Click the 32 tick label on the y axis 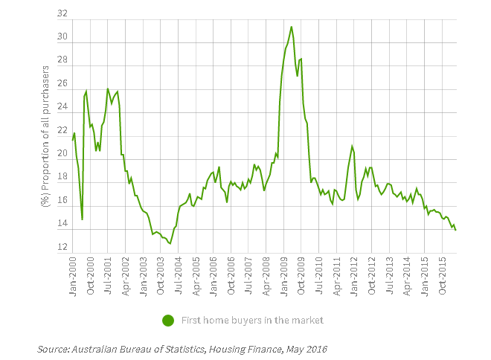tap(62, 14)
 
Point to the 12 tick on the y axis tap(62, 248)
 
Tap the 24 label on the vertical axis tap(62, 107)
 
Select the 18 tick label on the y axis tap(62, 178)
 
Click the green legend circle tap(169, 321)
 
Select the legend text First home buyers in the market tap(253, 321)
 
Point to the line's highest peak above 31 tap(291, 27)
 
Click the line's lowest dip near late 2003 tap(170, 243)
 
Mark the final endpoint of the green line tap(455, 230)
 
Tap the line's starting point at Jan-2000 tap(73, 140)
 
